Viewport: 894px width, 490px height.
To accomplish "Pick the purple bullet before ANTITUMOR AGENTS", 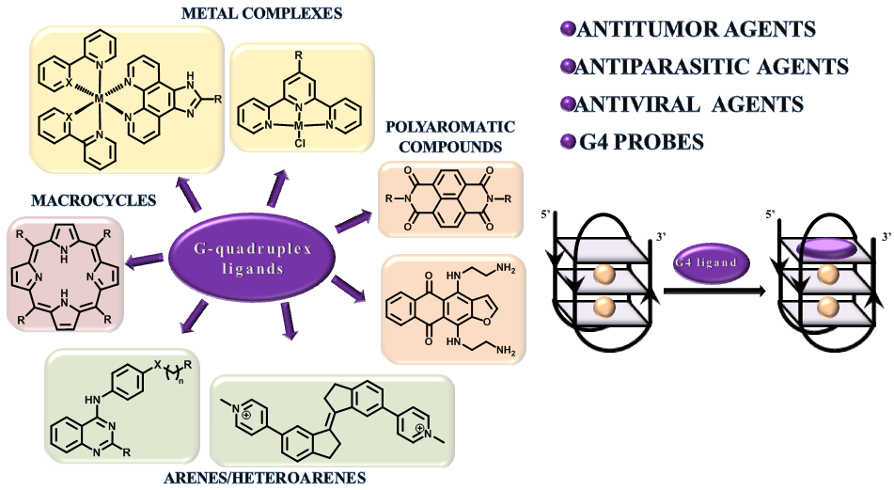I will (x=567, y=31).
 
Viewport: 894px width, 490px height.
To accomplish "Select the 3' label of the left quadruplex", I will (x=661, y=237).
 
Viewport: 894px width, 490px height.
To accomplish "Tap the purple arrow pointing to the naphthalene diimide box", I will (x=353, y=220).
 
